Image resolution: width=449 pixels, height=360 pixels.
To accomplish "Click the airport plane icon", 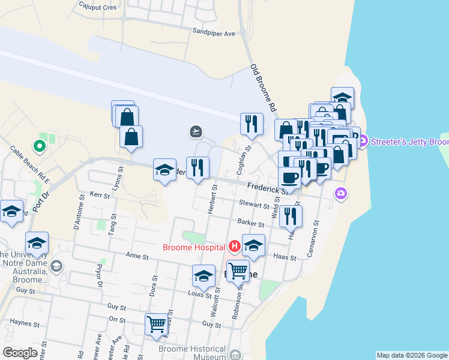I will [x=196, y=131].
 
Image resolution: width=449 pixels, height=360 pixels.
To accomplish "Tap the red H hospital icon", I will [x=234, y=246].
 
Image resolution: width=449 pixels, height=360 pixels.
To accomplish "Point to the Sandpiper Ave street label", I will [x=214, y=34].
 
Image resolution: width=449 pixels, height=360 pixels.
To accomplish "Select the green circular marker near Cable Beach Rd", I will [x=40, y=145].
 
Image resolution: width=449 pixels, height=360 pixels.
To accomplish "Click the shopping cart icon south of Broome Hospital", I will [x=238, y=271].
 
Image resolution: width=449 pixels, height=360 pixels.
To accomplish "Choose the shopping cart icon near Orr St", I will [x=157, y=324].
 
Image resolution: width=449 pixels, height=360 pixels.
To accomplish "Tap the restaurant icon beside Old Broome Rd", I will [x=252, y=123].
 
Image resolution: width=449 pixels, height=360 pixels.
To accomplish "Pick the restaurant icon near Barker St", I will [x=291, y=215].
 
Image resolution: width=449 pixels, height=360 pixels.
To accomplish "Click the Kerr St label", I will [x=100, y=196].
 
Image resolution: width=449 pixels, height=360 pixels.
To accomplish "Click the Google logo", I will [x=20, y=353].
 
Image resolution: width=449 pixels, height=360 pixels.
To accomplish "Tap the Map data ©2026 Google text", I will [x=412, y=355].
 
